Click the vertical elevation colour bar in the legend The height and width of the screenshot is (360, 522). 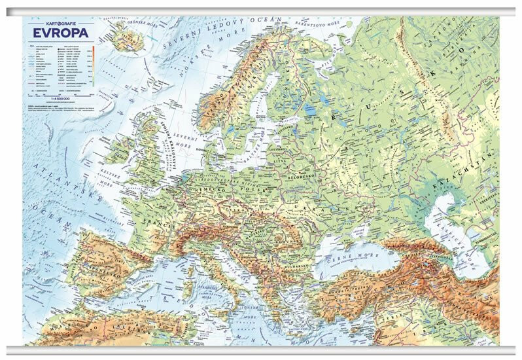(93, 63)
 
